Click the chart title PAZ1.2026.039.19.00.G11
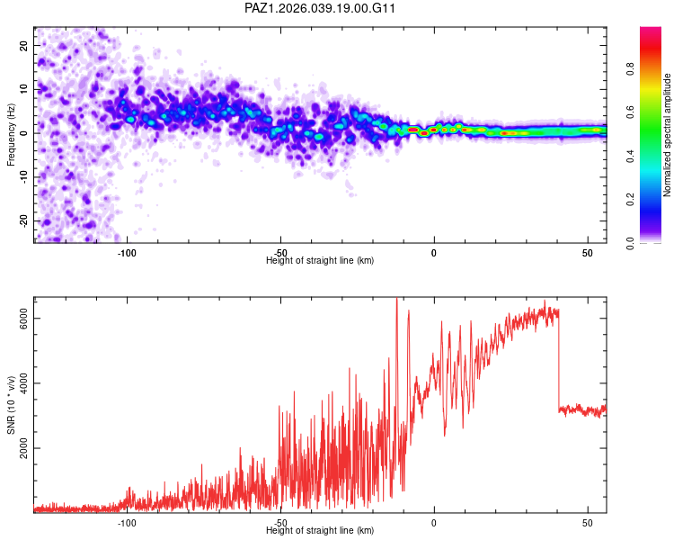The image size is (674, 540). click(x=321, y=8)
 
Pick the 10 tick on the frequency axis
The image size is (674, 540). click(x=24, y=89)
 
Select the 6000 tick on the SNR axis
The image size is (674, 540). click(x=24, y=319)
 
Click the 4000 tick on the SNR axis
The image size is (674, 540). click(x=24, y=383)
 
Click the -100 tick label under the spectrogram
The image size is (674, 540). click(x=127, y=253)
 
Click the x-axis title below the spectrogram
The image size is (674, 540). click(x=320, y=261)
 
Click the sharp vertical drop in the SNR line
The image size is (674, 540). click(x=559, y=360)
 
